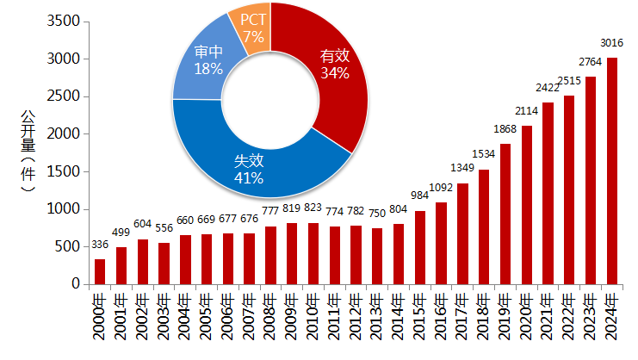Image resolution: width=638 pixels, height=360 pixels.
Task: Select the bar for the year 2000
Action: [x=99, y=271]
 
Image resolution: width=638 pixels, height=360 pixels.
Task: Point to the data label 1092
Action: [x=441, y=187]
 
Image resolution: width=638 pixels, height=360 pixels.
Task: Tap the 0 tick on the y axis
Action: [x=77, y=284]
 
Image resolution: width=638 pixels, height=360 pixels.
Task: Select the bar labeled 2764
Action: [x=590, y=180]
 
